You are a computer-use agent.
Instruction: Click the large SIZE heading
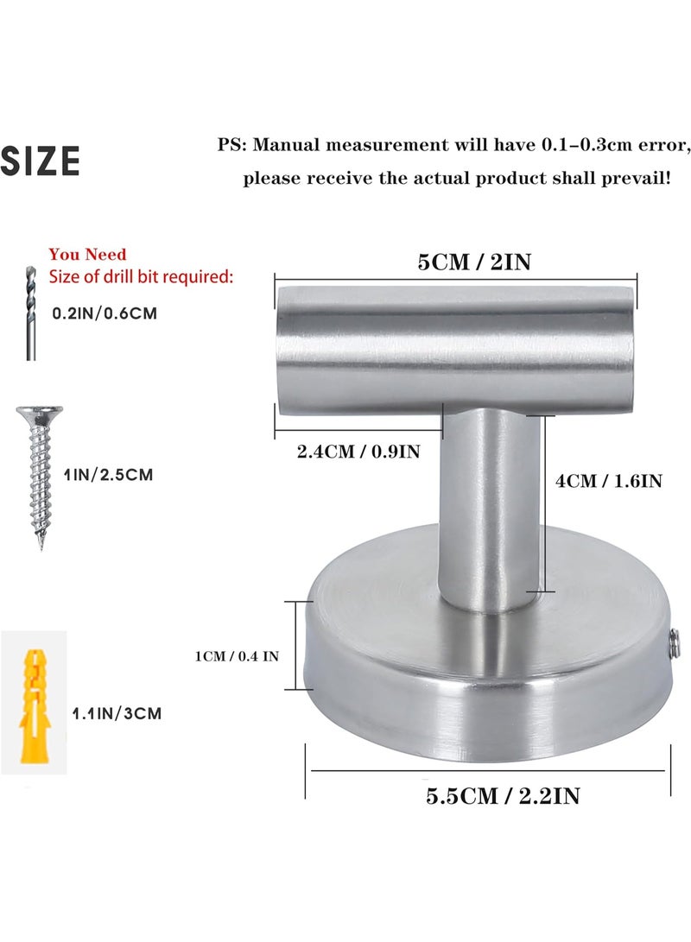pyautogui.click(x=41, y=161)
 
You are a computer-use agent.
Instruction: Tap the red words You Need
pyautogui.click(x=88, y=254)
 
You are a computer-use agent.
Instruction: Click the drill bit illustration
pyautogui.click(x=30, y=313)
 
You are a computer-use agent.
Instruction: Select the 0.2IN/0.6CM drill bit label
pyautogui.click(x=105, y=313)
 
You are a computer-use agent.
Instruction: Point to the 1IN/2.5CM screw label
pyautogui.click(x=109, y=475)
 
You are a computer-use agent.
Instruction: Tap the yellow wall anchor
pyautogui.click(x=35, y=705)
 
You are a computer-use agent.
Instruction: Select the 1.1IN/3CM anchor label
pyautogui.click(x=117, y=713)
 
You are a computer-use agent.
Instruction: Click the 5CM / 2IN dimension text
pyautogui.click(x=475, y=262)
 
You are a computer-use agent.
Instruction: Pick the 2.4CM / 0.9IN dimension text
pyautogui.click(x=358, y=452)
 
